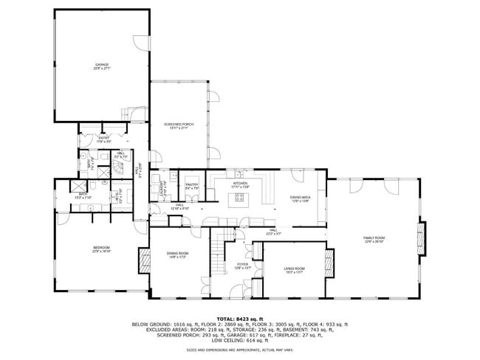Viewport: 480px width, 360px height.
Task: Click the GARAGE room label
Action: coord(102,64)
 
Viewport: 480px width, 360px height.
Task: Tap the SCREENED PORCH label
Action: coord(178,124)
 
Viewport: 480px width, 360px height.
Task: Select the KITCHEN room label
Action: coord(240,182)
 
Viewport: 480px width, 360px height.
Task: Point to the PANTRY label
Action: coord(192,184)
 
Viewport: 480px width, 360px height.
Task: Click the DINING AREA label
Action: coord(300,197)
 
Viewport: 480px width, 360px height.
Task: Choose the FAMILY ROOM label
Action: coord(374,238)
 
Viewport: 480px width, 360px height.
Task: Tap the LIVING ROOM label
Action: coord(295,269)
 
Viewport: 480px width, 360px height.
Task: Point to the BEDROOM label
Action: coord(101,247)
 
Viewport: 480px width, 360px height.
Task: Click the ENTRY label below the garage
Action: coord(104,137)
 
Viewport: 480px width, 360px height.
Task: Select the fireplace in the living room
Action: coord(330,262)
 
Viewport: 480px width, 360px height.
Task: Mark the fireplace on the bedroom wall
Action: coord(143,260)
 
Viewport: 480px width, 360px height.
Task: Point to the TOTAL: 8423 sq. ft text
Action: coord(240,318)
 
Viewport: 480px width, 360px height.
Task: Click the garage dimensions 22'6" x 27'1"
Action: coord(102,69)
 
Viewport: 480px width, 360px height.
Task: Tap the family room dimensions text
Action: coord(374,242)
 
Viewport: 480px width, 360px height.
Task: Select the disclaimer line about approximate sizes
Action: coord(240,350)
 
